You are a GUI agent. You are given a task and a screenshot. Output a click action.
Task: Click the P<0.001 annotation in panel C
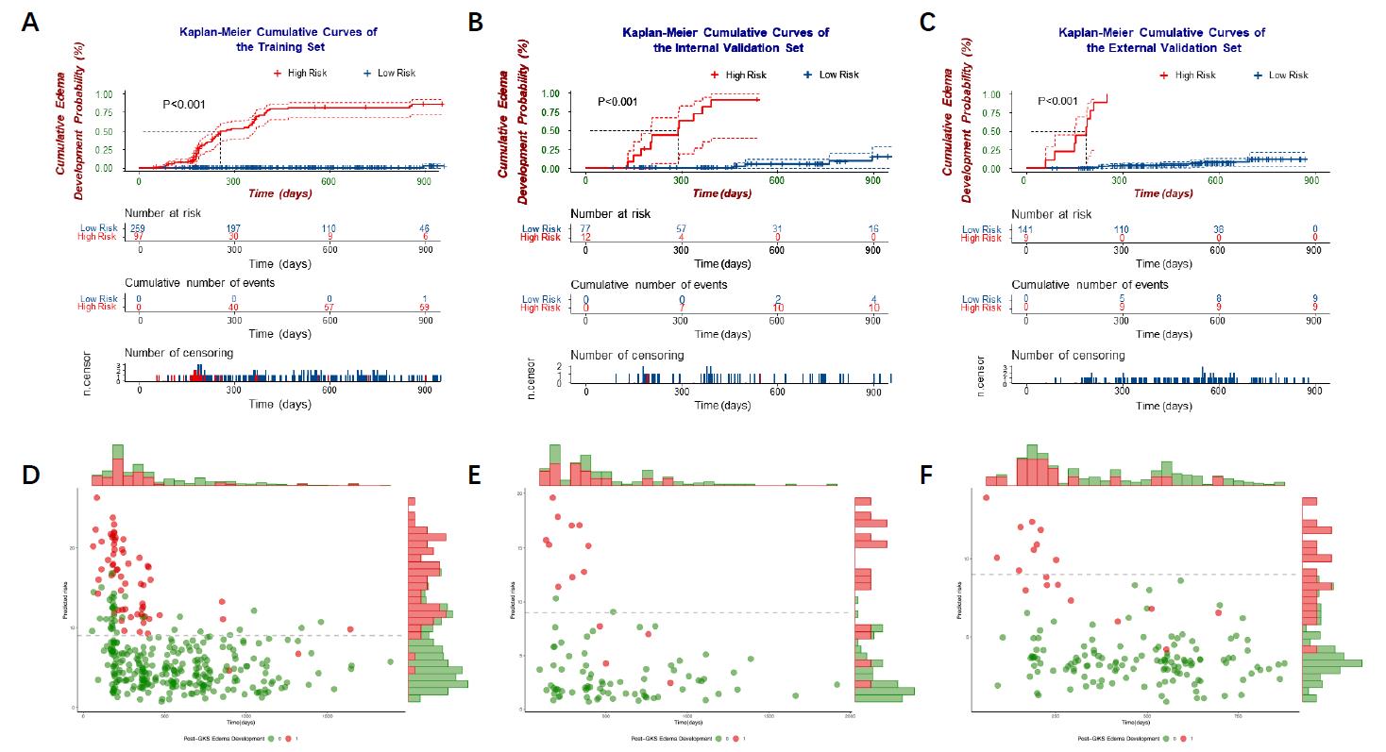(x=1057, y=101)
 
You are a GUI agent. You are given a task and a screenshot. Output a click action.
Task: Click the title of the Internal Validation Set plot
(x=725, y=40)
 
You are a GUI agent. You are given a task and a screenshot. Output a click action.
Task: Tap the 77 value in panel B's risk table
(x=585, y=229)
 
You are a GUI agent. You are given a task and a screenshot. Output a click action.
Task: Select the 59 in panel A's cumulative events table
(x=426, y=308)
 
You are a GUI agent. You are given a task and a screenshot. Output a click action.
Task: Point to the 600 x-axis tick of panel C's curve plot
(x=1216, y=180)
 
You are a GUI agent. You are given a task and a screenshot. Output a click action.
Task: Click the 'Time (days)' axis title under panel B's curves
(x=721, y=193)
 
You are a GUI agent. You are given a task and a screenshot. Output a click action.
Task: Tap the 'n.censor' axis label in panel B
(x=532, y=376)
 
